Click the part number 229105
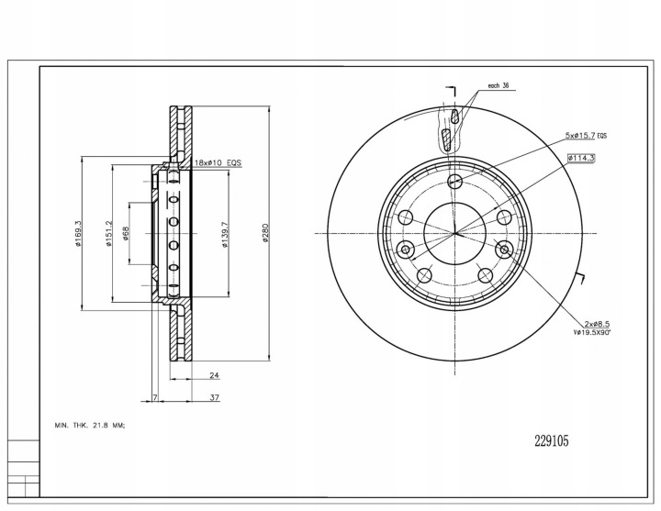click(x=552, y=441)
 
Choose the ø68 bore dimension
click(x=125, y=235)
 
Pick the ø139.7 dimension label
click(x=224, y=235)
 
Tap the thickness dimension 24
click(x=212, y=376)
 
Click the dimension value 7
click(x=156, y=398)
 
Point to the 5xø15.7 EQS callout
click(x=588, y=135)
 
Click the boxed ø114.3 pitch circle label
click(x=582, y=158)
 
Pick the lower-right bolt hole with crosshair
click(x=504, y=249)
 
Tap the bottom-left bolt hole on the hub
click(x=423, y=275)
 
